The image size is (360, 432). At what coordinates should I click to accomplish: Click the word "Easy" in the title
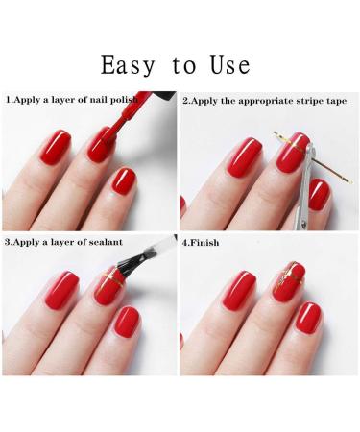tap(128, 65)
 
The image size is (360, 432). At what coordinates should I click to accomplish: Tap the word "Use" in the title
tap(230, 64)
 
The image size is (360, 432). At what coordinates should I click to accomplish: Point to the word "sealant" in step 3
tap(106, 242)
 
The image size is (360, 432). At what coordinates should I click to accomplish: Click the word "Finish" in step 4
tap(204, 243)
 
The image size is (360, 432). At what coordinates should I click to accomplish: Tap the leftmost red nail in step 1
tap(56, 148)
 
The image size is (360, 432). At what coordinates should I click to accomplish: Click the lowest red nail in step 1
tap(124, 181)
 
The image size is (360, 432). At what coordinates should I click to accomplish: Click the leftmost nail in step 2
tap(244, 157)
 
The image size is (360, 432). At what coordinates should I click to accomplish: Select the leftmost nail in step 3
tap(61, 291)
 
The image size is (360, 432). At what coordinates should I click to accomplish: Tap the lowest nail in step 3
tap(127, 321)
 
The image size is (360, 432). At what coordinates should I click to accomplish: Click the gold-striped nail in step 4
tap(289, 281)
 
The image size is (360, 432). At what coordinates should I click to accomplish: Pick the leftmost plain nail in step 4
tap(239, 291)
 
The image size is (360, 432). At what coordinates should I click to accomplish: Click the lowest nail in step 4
tap(308, 319)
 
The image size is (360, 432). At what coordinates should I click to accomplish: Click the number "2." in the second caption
tap(186, 101)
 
